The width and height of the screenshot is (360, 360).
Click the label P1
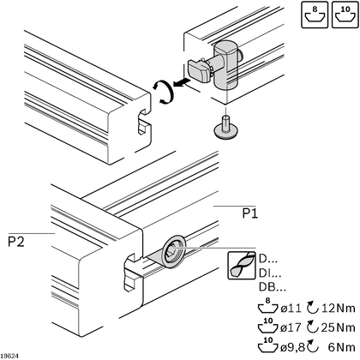pos(250,213)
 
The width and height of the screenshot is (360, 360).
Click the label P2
pos(16,242)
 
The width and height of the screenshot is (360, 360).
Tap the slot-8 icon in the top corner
pos(315,15)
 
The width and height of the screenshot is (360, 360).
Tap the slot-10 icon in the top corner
pos(345,15)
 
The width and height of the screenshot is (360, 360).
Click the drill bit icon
pos(242,266)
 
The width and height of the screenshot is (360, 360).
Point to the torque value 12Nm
pos(339,309)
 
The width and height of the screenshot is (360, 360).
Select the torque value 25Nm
pos(339,327)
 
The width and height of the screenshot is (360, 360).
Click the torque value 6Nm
pos(342,347)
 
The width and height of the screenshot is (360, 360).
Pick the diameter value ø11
pos(291,309)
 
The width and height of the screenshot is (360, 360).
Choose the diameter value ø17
pos(291,327)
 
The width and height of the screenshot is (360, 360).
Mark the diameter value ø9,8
pos(293,347)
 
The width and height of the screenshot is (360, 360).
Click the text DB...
pos(273,287)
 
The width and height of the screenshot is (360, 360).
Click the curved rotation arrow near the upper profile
pos(163,92)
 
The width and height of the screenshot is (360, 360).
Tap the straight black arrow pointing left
pos(182,83)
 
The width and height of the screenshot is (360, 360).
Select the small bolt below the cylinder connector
pos(225,127)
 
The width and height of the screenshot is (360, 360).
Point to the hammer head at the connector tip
pos(199,70)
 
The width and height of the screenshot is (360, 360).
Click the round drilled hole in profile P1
pos(174,252)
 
